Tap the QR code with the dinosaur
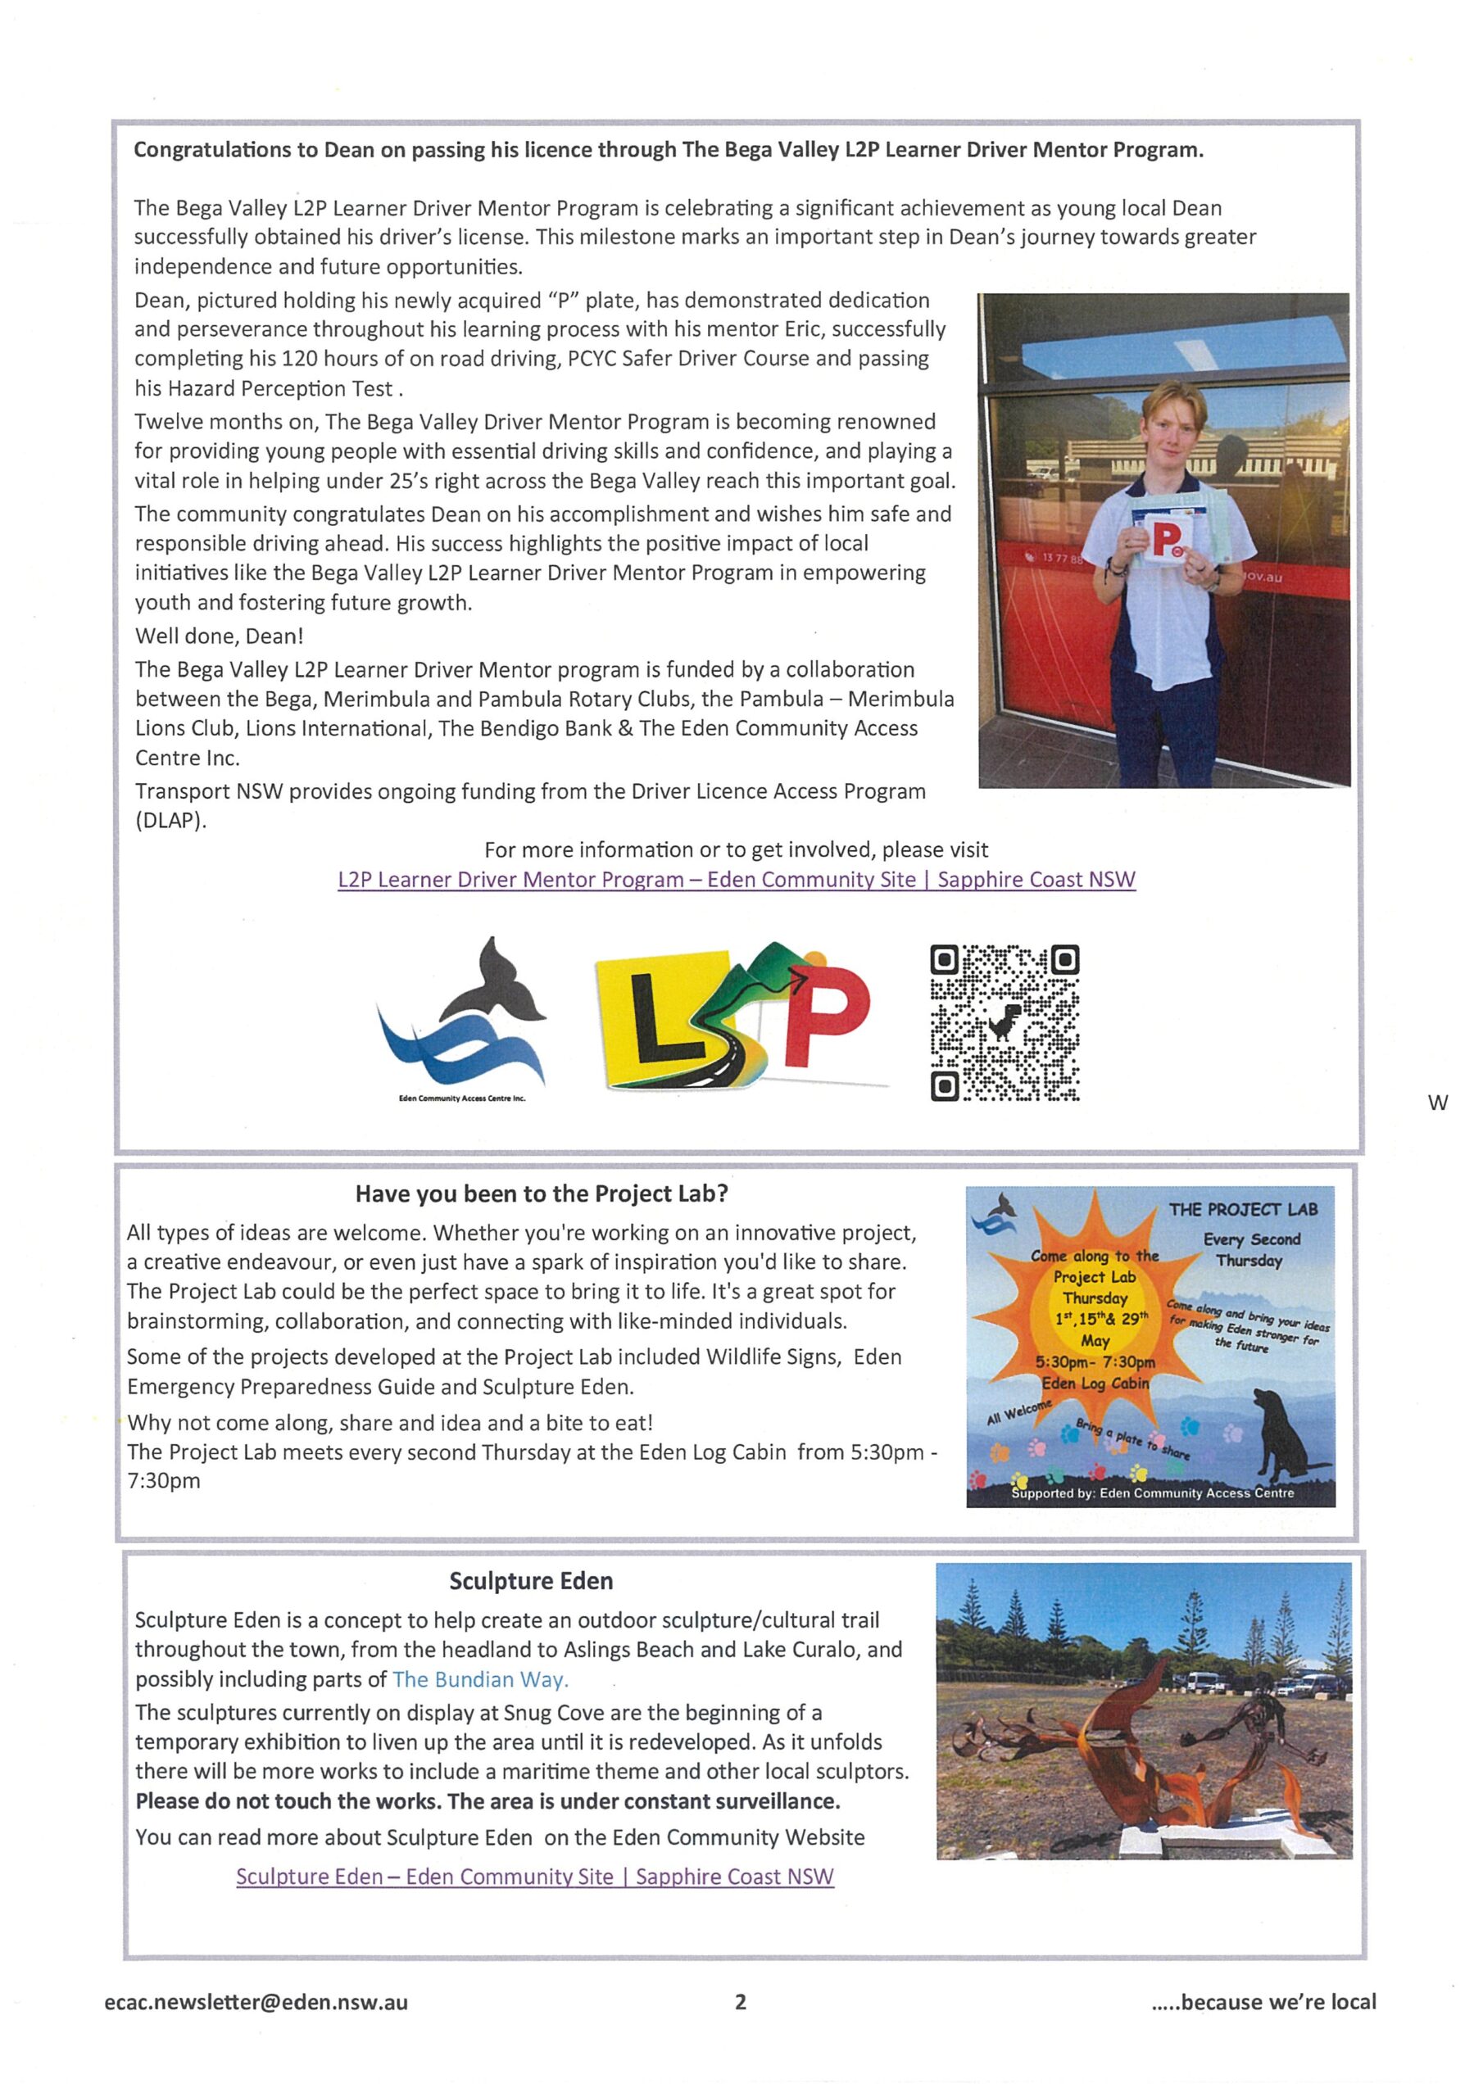[x=1005, y=1022]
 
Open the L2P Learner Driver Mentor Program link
[x=737, y=880]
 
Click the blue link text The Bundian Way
[x=481, y=1678]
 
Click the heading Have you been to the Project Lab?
[x=542, y=1193]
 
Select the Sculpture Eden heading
[x=531, y=1581]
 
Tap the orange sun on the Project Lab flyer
[x=1092, y=1316]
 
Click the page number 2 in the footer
[x=740, y=2002]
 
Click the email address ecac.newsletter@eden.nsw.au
[x=256, y=2002]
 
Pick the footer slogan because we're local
[x=1263, y=2002]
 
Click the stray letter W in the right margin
[x=1437, y=1103]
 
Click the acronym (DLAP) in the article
[x=171, y=820]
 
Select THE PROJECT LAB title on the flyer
[x=1243, y=1209]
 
